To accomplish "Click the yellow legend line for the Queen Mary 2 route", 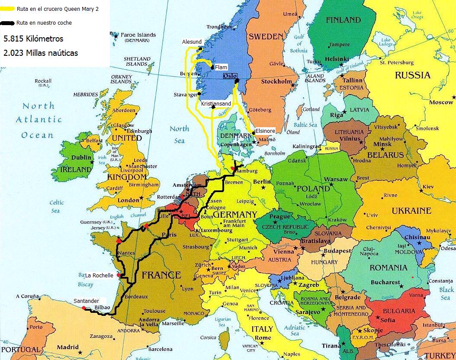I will point(7,9).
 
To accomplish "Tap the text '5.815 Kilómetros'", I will point(33,39).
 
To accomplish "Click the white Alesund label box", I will point(192,42).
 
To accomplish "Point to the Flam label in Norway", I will point(221,67).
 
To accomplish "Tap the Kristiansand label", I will point(216,104).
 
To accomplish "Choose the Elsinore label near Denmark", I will point(265,130).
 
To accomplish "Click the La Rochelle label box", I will point(99,275).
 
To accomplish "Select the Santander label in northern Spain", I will point(86,301).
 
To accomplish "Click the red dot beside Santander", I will point(83,308).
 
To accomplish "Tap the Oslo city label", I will point(230,76).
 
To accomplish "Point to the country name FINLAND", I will point(343,20).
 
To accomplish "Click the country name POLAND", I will point(313,189).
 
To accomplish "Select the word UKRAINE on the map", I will point(411,211).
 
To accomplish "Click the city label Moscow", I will point(441,103).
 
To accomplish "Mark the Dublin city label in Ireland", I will point(82,158).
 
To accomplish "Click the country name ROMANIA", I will point(388,268).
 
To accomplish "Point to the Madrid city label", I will point(68,347).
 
